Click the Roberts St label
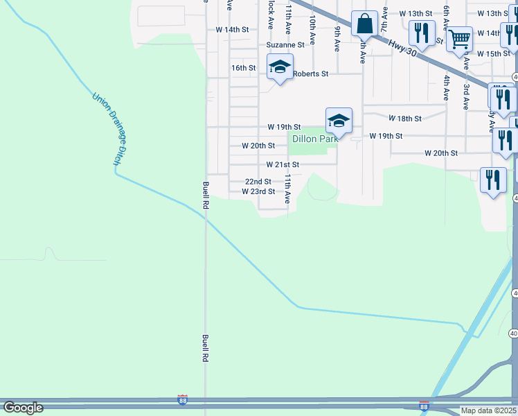(x=310, y=73)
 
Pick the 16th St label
(x=244, y=68)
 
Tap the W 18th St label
(x=405, y=119)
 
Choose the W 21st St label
(x=283, y=165)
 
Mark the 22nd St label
(x=258, y=182)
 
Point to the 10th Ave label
(x=313, y=30)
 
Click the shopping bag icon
(x=364, y=24)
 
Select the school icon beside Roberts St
(x=280, y=67)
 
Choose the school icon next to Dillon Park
(x=338, y=121)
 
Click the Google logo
(x=23, y=408)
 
